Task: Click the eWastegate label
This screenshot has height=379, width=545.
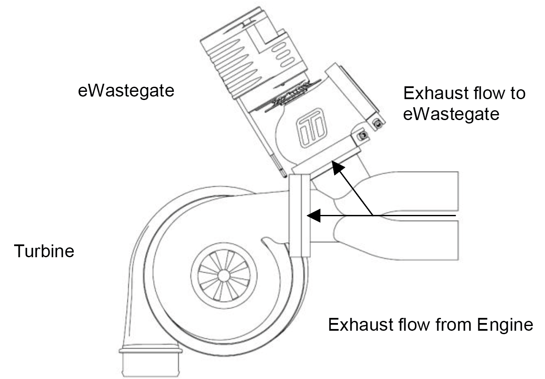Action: point(126,91)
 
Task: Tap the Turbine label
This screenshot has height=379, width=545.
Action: point(44,251)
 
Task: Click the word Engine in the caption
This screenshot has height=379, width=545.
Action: point(505,325)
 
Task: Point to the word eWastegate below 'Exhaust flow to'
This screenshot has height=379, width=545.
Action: point(451,114)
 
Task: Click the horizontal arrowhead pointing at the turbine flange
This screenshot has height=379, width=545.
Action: point(314,215)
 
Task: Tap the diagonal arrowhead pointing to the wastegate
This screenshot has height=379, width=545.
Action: point(337,167)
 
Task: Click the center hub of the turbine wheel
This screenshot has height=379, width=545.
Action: point(224,276)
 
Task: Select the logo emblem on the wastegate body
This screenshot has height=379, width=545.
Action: point(311,128)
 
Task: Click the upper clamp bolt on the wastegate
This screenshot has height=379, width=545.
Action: point(378,124)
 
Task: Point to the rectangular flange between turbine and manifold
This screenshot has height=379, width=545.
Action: point(300,215)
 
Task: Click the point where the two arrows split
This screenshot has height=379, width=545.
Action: point(373,215)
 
